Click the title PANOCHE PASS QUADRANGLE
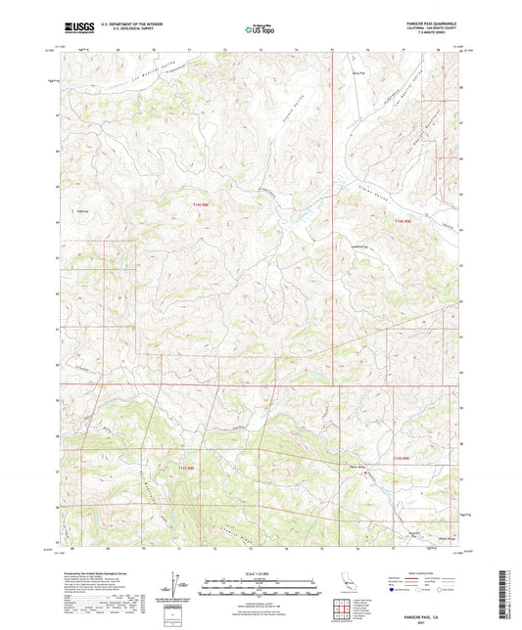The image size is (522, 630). click(x=430, y=21)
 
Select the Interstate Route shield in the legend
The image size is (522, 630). click(x=394, y=591)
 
